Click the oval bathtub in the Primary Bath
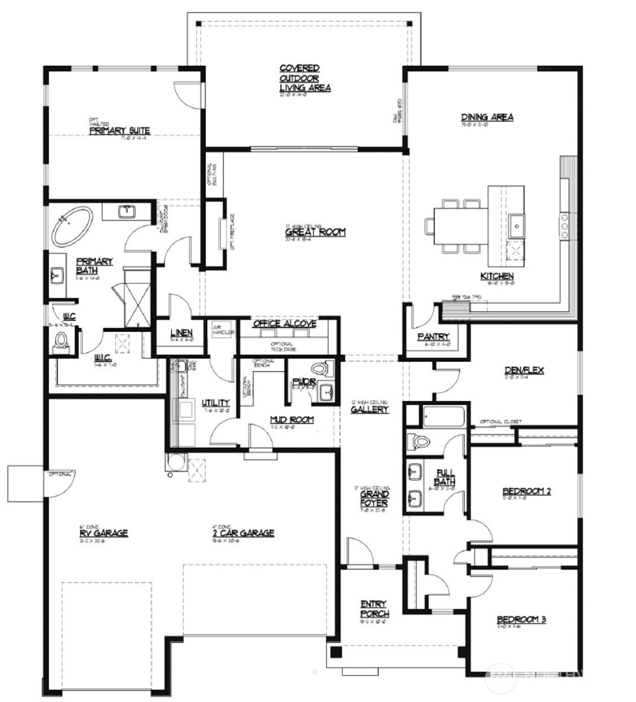73,227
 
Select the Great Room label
315,232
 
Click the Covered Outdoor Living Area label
305,78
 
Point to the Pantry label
433,337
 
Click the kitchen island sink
516,226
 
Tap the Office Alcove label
285,324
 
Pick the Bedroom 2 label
526,491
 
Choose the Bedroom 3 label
521,619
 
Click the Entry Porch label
373,609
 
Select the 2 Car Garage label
239,533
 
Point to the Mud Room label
291,420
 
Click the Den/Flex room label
524,371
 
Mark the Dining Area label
487,117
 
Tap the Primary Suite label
120,131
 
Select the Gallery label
369,409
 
